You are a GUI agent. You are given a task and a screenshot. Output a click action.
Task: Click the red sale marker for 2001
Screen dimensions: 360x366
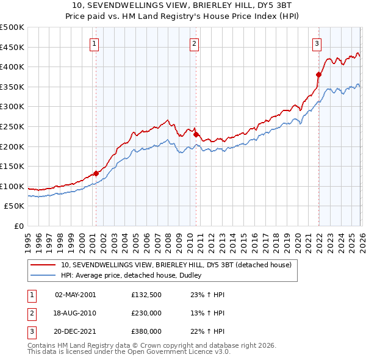tap(96, 173)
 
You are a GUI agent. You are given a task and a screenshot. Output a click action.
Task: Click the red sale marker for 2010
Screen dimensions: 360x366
tap(196, 135)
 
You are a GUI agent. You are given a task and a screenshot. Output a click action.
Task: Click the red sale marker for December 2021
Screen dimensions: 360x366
tap(318, 75)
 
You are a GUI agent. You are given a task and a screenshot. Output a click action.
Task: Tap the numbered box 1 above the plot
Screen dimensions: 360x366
tap(96, 43)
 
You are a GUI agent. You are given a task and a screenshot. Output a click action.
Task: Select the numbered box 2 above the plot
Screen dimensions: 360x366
tap(194, 43)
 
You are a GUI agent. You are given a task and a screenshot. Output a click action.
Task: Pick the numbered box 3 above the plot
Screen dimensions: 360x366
tap(317, 43)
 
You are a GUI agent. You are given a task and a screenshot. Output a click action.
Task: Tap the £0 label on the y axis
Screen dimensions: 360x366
tap(19, 226)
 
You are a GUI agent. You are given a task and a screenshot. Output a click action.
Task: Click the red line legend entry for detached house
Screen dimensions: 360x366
tap(176, 265)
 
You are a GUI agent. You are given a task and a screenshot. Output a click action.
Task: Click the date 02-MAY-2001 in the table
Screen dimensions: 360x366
tap(75, 295)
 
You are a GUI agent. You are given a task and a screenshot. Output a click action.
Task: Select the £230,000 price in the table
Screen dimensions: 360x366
tap(146, 313)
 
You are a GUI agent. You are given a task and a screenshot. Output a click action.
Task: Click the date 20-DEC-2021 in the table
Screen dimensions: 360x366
tap(75, 331)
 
